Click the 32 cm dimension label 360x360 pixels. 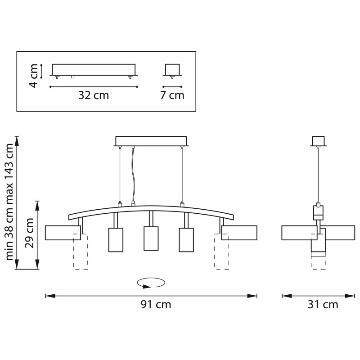[x=94, y=95]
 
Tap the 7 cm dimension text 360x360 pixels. [x=172, y=95]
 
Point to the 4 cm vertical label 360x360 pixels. [x=34, y=76]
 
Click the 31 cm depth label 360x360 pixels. [x=323, y=305]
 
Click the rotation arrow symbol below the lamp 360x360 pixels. [x=151, y=283]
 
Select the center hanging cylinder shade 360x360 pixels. [x=151, y=238]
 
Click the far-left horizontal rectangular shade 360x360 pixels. [x=62, y=233]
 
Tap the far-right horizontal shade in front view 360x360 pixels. [x=240, y=233]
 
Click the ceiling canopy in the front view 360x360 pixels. [x=151, y=141]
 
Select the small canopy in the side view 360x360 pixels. [x=318, y=141]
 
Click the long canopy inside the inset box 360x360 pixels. [x=94, y=69]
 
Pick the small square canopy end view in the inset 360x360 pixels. [x=172, y=69]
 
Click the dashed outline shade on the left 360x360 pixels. [x=81, y=254]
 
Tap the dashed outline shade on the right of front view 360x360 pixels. [x=221, y=254]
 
